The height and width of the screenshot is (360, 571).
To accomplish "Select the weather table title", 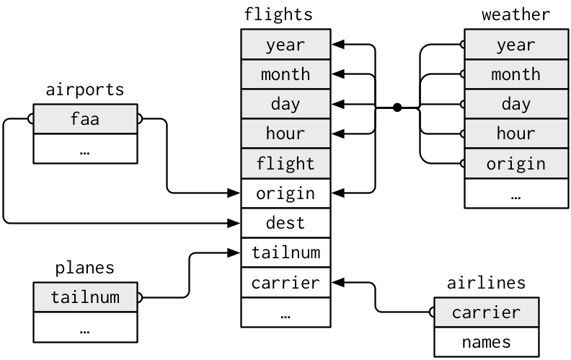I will pyautogui.click(x=515, y=14).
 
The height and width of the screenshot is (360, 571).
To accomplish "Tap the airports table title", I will pyautogui.click(x=85, y=89).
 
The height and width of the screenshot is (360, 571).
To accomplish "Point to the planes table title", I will pyautogui.click(x=85, y=268).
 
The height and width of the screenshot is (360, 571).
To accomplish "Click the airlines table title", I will pyautogui.click(x=486, y=282).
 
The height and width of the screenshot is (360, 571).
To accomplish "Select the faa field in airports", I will pyautogui.click(x=85, y=118).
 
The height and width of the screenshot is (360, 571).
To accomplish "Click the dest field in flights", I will pyautogui.click(x=285, y=223).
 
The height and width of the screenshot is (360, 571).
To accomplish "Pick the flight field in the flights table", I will pyautogui.click(x=285, y=164).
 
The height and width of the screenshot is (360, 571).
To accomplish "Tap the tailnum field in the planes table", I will pyautogui.click(x=85, y=297).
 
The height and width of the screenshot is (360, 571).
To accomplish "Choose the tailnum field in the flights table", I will pyautogui.click(x=285, y=253).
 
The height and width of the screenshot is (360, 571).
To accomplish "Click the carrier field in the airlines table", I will pyautogui.click(x=486, y=312).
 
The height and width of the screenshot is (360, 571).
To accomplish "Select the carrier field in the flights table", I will pyautogui.click(x=285, y=282).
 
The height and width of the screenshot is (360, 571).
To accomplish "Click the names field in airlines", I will pyautogui.click(x=486, y=341).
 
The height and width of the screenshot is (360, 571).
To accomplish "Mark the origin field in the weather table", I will pyautogui.click(x=516, y=164).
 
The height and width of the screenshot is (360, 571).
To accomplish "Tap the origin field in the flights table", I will pyautogui.click(x=285, y=193).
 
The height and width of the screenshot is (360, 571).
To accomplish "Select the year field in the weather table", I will pyautogui.click(x=516, y=45).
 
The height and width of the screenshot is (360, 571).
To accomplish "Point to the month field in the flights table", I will pyautogui.click(x=285, y=74).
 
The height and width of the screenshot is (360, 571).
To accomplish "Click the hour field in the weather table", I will pyautogui.click(x=516, y=133).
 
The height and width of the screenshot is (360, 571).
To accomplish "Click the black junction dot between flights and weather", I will pyautogui.click(x=397, y=107).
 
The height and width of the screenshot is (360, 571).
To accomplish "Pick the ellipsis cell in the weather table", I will pyautogui.click(x=516, y=193).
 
